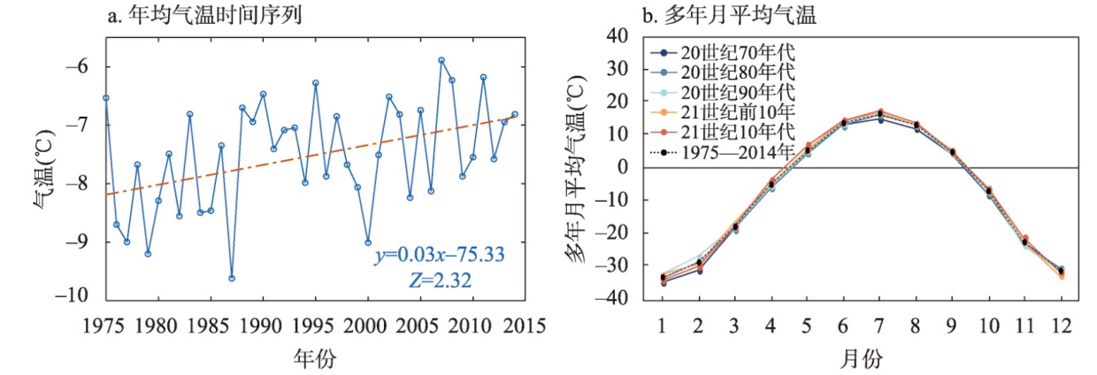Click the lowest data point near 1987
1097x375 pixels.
pos(232,278)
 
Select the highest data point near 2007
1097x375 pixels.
pos(441,60)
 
